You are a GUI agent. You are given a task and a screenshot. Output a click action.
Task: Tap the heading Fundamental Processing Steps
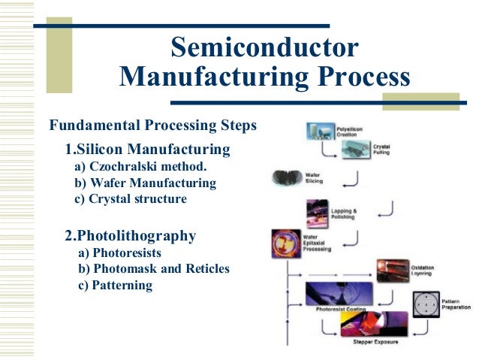(152, 124)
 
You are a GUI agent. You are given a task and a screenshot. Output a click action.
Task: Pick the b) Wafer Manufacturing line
(145, 183)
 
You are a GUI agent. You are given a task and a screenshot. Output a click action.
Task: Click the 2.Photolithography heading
(131, 236)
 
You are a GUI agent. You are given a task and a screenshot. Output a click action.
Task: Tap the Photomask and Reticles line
(153, 269)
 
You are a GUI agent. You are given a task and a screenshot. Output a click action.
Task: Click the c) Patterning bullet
(115, 286)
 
